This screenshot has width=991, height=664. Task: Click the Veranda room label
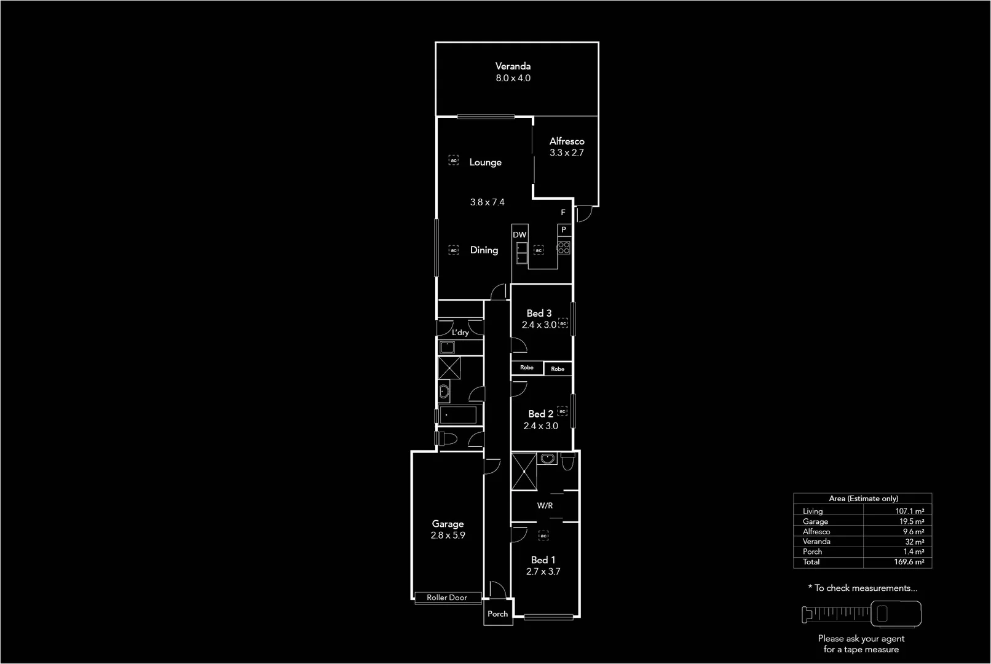[513, 66]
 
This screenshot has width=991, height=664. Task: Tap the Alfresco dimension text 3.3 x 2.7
[566, 152]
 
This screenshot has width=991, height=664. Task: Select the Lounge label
[485, 162]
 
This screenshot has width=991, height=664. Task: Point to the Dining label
[484, 250]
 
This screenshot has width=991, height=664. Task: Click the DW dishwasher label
[519, 235]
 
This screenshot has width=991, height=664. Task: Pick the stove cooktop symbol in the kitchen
[563, 248]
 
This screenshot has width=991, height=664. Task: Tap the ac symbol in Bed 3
[563, 323]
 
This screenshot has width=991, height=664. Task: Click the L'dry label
[460, 332]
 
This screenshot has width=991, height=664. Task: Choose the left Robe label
[527, 368]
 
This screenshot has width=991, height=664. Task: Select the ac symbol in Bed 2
[562, 411]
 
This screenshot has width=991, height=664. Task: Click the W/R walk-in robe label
[545, 505]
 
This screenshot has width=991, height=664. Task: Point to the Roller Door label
[447, 598]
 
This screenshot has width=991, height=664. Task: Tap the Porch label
[497, 614]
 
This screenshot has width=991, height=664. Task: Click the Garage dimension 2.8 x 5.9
[448, 535]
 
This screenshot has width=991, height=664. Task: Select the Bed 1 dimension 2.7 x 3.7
[543, 571]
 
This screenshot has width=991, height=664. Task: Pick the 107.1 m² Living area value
[909, 511]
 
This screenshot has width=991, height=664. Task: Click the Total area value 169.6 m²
[909, 562]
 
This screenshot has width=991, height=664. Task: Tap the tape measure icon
[861, 613]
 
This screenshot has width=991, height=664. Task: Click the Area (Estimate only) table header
[863, 499]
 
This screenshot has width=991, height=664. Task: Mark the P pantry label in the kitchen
[563, 229]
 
